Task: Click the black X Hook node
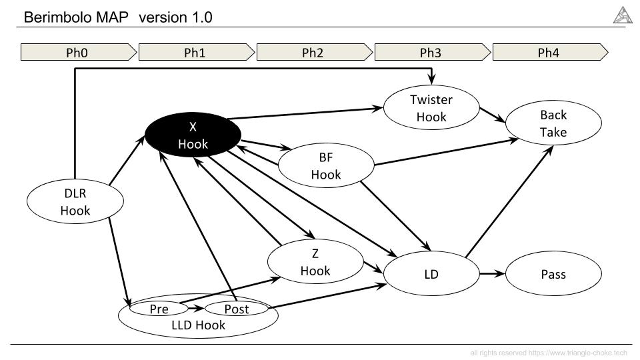[193, 135]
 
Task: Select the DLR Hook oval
[75, 201]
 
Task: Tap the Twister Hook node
[431, 108]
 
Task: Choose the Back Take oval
[553, 123]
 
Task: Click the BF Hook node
[326, 165]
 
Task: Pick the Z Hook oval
[315, 261]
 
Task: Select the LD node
[431, 273]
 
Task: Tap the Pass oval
[553, 273]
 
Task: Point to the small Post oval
[236, 309]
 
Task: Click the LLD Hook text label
[199, 325]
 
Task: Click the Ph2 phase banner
[315, 52]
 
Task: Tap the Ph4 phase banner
[551, 52]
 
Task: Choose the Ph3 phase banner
[433, 52]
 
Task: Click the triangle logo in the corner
[623, 15]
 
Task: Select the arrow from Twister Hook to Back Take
[492, 115]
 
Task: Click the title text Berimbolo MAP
[76, 17]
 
